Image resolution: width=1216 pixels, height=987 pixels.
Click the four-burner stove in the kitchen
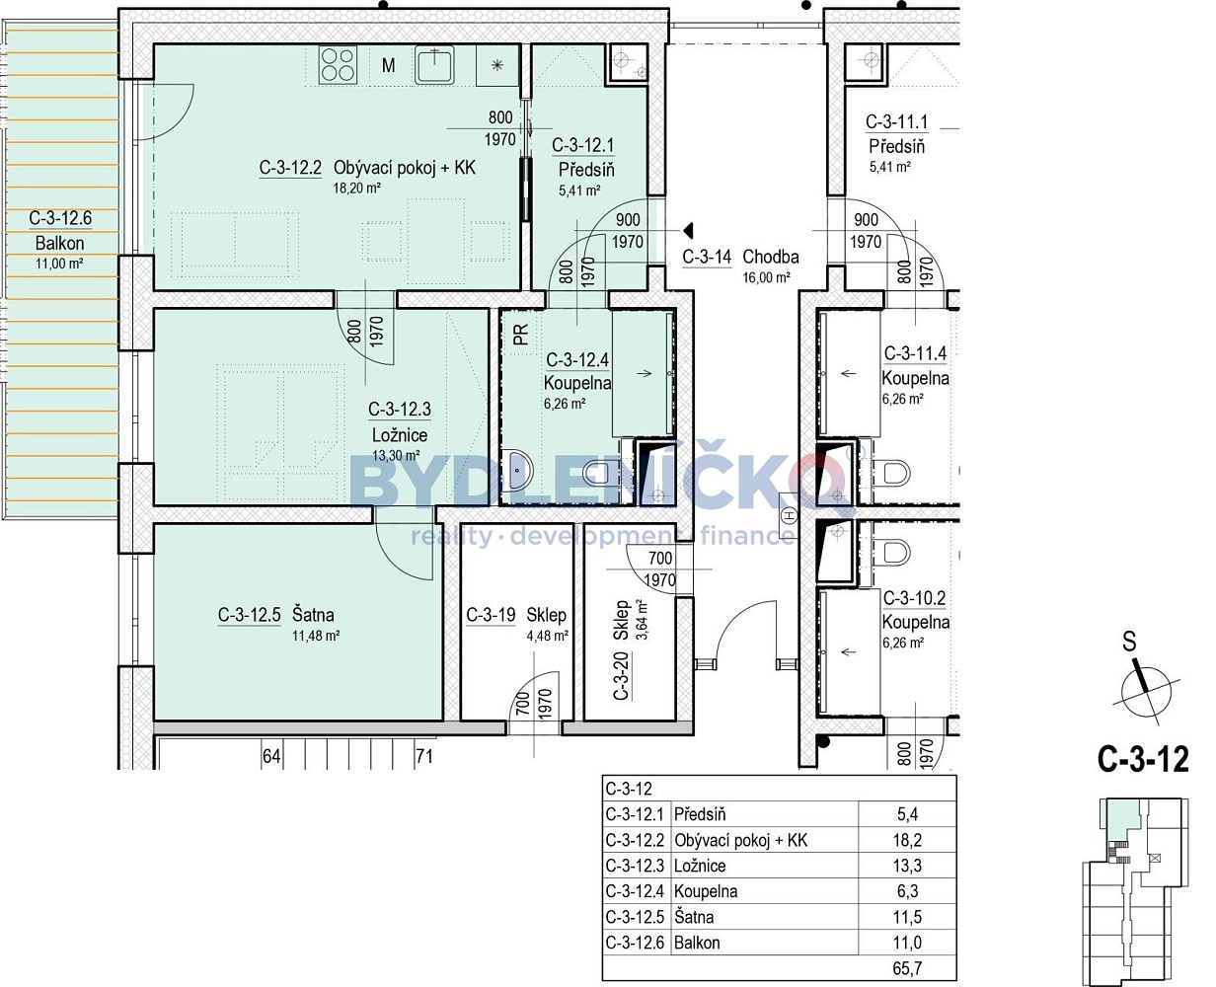coord(338,65)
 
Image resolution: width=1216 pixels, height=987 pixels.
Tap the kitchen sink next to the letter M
coord(434,65)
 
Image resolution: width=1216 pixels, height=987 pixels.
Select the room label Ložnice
coord(400,435)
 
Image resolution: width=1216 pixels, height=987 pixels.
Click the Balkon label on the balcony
coord(59,243)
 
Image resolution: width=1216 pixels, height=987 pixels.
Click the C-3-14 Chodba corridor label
coord(740,257)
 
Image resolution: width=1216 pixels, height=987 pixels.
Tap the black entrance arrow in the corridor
coord(689,231)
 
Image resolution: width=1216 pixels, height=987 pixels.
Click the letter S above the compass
coord(1129,642)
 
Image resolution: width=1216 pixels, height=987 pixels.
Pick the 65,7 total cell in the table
coord(907,968)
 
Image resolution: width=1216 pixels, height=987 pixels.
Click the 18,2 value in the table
coord(907,840)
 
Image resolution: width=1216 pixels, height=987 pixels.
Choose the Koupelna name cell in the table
coord(706,891)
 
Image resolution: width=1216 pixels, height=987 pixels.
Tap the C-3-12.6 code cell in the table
coord(635,943)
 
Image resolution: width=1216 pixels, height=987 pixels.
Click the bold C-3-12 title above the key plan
coord(1143,759)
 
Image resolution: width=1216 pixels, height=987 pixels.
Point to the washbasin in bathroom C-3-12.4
coord(517,471)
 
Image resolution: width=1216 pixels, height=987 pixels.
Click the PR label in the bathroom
coord(521,335)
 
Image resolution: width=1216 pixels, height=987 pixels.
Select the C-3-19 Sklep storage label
coord(516,615)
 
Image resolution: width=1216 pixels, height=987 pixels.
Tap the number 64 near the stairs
coord(271,756)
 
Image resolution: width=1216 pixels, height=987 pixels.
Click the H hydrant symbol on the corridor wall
coord(789,516)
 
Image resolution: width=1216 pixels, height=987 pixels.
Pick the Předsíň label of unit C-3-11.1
coord(896,147)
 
